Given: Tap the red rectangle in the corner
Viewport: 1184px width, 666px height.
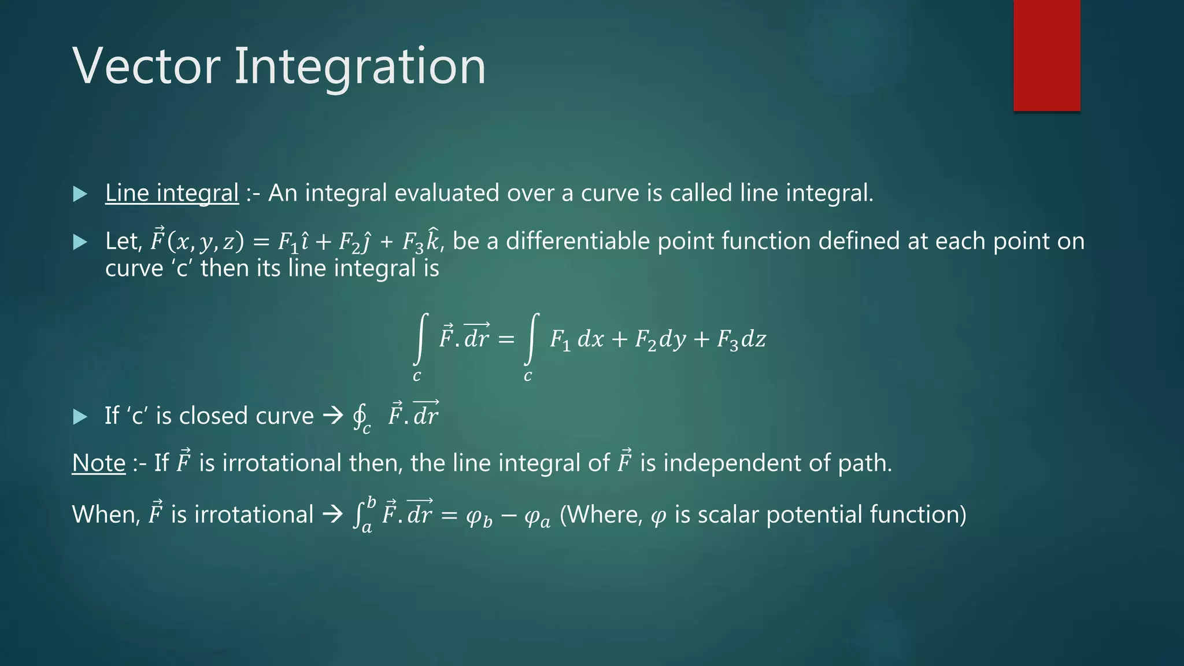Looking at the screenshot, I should click(x=1046, y=55).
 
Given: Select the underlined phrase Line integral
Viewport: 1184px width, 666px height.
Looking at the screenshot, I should click(x=172, y=193).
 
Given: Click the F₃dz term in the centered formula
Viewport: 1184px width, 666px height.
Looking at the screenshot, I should click(x=741, y=339).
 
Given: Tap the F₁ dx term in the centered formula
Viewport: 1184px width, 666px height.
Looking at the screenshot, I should click(x=576, y=339).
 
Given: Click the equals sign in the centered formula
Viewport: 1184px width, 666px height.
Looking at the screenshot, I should click(x=506, y=339).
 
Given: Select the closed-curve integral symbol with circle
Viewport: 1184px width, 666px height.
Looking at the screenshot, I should click(x=360, y=415).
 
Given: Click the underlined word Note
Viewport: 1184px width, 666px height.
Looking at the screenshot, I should click(x=99, y=463).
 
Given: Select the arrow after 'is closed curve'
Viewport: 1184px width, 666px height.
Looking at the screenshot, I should click(x=333, y=416).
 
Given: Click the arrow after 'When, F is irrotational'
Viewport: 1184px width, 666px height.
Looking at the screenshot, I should click(x=333, y=514).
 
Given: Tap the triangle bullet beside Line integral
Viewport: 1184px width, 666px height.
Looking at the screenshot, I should click(x=80, y=194).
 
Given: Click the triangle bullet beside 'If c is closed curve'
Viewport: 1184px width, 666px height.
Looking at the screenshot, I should click(x=80, y=417).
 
